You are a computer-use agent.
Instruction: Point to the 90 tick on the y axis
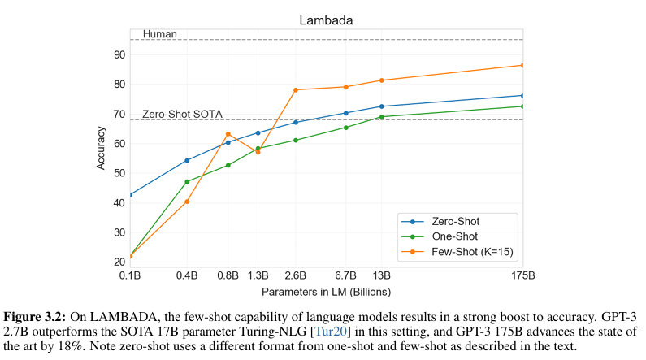119,54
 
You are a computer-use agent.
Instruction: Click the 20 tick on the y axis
119,262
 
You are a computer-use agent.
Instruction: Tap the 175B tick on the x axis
522,275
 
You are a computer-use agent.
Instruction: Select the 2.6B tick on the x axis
296,275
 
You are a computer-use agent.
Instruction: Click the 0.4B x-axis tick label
187,275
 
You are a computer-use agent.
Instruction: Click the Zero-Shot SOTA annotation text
182,115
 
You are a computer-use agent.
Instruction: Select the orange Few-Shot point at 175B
522,65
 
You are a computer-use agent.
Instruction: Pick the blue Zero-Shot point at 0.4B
187,160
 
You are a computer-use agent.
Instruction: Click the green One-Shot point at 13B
382,117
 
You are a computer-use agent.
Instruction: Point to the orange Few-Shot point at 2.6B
296,89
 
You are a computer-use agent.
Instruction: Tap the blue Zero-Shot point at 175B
522,95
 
